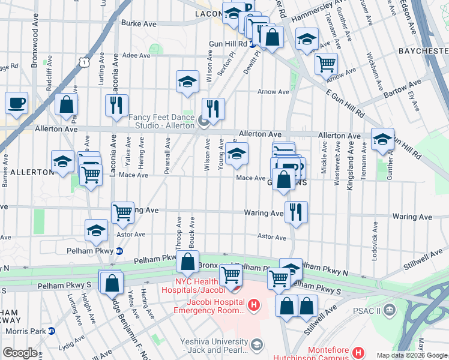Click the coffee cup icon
coord(17,102)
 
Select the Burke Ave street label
coord(139,23)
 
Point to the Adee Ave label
coord(136,55)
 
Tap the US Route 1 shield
coord(85,61)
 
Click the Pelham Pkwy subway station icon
coord(119,251)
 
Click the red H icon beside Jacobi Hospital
coord(254,306)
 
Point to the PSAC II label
coord(370,310)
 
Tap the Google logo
coord(19,353)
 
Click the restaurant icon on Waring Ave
coord(295,212)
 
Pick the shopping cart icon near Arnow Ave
coord(326,63)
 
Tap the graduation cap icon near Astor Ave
coord(96,230)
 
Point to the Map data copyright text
coord(411,355)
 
